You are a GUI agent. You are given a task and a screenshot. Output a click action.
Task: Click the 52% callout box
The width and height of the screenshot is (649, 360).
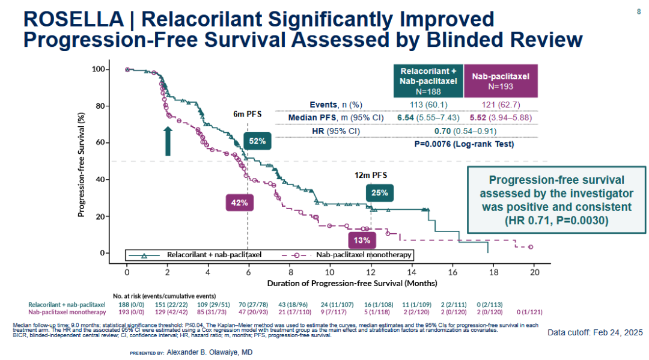click(x=257, y=142)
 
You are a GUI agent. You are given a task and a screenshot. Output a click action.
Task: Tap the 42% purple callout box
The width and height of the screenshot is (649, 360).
click(x=240, y=203)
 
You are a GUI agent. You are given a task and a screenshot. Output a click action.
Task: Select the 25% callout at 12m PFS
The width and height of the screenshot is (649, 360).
click(x=380, y=193)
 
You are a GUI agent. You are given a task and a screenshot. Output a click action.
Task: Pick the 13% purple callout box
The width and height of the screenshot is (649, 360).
click(x=362, y=240)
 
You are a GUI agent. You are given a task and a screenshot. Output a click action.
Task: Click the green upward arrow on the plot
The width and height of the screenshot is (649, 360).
click(x=168, y=141)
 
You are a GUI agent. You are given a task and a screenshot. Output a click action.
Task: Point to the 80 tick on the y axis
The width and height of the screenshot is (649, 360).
click(x=101, y=106)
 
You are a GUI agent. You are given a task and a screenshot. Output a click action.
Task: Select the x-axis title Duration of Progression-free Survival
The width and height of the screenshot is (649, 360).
click(x=352, y=282)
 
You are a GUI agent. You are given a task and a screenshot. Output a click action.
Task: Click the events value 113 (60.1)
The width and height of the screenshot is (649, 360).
click(x=428, y=105)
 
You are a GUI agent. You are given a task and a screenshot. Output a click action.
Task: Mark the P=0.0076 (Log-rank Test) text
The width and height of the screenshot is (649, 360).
click(x=465, y=144)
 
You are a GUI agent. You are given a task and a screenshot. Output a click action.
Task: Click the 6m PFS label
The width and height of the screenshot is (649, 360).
click(x=247, y=114)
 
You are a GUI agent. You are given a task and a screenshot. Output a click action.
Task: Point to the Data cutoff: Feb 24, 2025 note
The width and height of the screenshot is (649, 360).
click(x=595, y=332)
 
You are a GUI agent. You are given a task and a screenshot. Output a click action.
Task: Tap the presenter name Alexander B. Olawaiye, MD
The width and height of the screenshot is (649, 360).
click(x=210, y=352)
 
